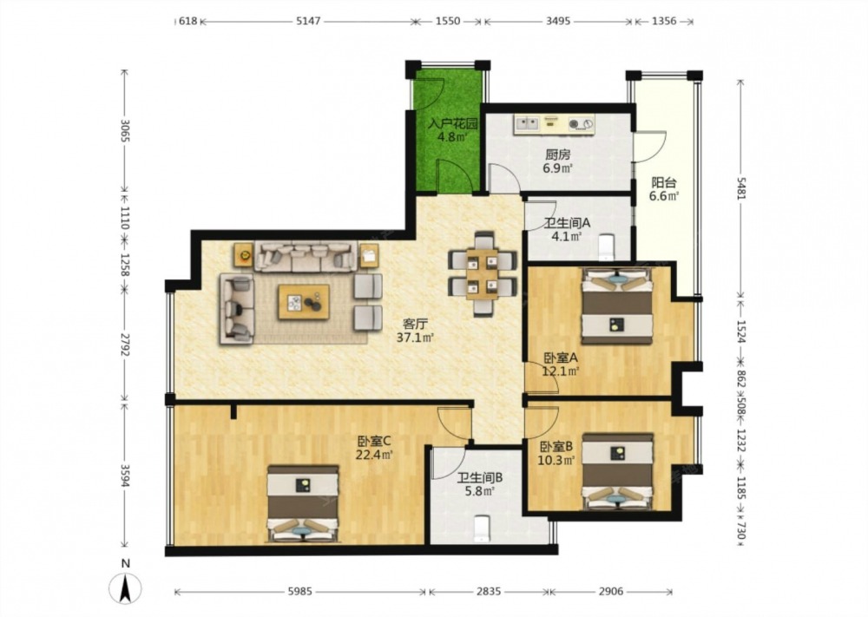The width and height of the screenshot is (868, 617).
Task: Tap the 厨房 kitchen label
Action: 557,155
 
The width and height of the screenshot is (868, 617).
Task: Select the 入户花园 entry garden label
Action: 452,123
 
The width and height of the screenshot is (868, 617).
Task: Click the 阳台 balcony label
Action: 664,182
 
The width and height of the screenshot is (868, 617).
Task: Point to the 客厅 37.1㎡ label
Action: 415,331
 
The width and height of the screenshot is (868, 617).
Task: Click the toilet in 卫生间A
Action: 608,246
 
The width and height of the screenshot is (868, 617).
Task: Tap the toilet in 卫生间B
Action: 483,528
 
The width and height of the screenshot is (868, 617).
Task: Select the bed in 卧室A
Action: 616,305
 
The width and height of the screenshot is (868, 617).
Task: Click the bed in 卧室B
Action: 618,471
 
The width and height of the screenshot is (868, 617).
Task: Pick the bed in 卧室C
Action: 303,503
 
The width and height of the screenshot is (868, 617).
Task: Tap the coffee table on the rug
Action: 304,302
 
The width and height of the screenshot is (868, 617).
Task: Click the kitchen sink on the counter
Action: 528,124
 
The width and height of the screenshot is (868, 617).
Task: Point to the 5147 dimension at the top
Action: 309,22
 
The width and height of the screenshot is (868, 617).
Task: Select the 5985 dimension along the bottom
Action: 300,592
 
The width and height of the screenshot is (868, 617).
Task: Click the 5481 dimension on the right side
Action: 740,190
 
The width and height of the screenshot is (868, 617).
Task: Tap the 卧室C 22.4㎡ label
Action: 375,448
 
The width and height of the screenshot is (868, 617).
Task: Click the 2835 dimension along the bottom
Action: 488,592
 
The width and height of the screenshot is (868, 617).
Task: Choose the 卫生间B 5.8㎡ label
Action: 479,483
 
